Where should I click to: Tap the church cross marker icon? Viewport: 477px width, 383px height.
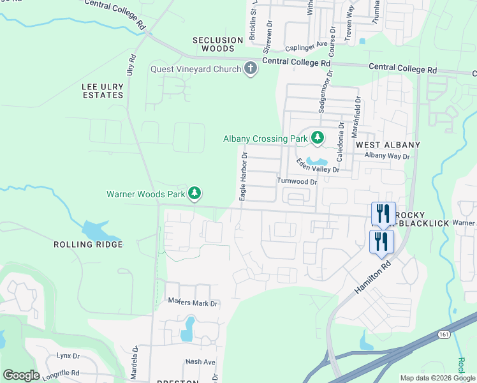251,68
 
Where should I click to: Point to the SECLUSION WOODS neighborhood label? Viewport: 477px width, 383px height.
218,44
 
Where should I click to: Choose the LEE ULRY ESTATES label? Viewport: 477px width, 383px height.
103,91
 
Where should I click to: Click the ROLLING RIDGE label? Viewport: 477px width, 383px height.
87,244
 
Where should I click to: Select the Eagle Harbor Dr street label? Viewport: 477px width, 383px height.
243,177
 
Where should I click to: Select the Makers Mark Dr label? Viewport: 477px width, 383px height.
193,303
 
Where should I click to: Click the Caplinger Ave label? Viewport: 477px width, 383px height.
306,46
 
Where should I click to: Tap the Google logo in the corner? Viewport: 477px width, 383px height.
21,375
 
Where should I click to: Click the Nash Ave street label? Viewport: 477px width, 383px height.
200,361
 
